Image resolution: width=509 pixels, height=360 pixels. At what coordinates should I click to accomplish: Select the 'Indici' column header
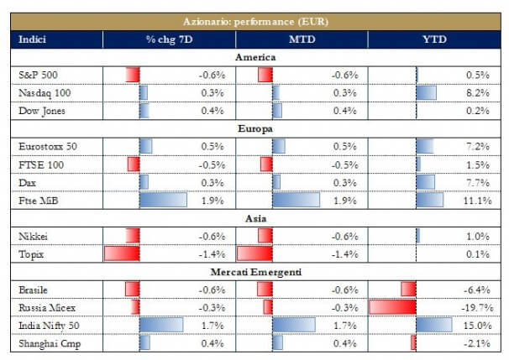[x=34, y=39]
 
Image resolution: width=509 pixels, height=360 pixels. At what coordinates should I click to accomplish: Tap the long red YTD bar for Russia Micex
[x=392, y=307]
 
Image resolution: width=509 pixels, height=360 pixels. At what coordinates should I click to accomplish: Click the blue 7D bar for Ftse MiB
[x=163, y=201]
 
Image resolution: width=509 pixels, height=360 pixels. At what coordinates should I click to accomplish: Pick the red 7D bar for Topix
[x=121, y=253]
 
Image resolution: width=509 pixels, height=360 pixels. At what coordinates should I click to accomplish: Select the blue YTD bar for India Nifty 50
[x=433, y=325]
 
